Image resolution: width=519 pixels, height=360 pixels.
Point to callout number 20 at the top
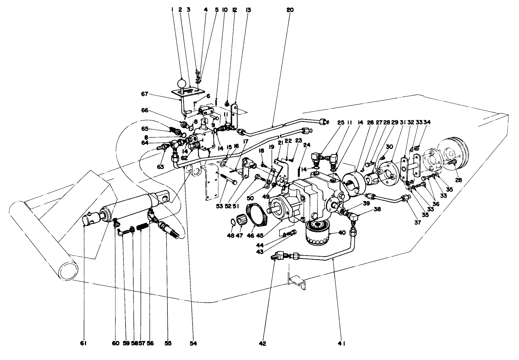(290, 10)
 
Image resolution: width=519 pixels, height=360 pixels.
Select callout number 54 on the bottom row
(194, 343)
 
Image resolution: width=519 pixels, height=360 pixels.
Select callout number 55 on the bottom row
(168, 343)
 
